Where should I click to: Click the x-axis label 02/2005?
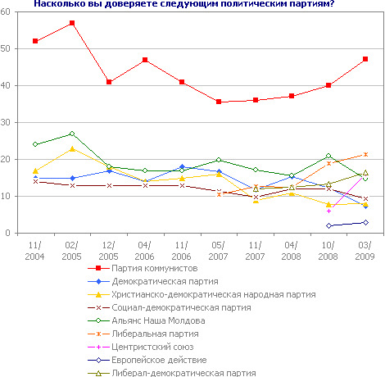coord(72,251)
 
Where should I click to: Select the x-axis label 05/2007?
coord(219,251)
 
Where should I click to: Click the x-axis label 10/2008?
coord(328,251)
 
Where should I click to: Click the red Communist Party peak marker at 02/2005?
coord(72,23)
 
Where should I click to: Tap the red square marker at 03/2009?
coord(365,59)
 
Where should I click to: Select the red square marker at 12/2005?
coord(109,82)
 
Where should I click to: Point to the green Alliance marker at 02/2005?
coord(72,134)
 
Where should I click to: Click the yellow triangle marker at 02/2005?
coord(72,148)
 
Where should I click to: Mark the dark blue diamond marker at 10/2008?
coord(328,225)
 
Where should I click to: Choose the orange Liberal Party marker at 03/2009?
coord(365,154)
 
